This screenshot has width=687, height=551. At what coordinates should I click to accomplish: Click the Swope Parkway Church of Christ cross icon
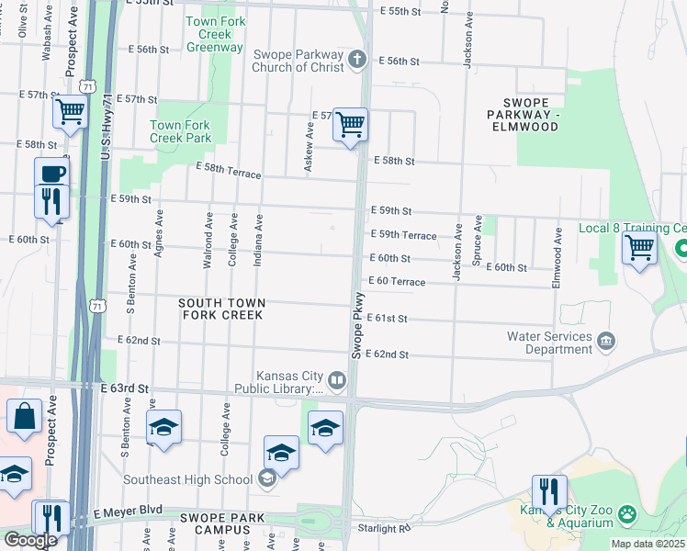pos(357,60)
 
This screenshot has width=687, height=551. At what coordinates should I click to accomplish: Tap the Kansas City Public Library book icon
pos(337,380)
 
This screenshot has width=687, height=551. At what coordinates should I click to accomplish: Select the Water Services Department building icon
pos(605,343)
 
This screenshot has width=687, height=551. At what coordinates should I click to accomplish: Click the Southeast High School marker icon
pos(266,478)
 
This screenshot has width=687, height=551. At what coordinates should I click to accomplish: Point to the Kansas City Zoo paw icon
pos(627,512)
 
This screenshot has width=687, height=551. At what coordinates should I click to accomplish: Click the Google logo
pos(29,540)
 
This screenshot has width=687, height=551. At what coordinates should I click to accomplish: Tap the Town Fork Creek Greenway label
pos(214,34)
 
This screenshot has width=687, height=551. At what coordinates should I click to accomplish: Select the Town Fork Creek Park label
pos(180,131)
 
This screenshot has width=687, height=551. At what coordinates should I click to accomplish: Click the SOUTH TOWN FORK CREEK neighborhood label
pos(221,309)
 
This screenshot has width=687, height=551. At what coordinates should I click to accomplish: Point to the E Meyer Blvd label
pos(128,510)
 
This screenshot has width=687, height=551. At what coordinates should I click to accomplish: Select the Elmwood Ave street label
pos(557,259)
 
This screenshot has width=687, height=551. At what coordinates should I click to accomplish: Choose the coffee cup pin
pos(51,174)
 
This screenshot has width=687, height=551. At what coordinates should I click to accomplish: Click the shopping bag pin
pos(25,416)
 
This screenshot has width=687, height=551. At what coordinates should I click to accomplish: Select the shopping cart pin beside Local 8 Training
pos(638,246)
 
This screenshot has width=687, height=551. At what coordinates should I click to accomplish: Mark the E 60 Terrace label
pos(397,281)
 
